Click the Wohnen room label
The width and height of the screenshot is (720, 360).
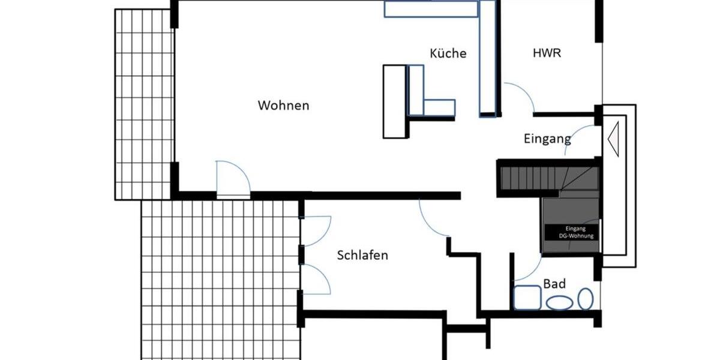(283, 106)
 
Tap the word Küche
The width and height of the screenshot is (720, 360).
(448, 53)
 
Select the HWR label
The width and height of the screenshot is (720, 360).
(547, 53)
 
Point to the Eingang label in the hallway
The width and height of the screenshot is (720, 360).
(547, 139)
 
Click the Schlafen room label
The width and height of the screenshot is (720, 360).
(362, 256)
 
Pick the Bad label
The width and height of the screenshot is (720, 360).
(554, 283)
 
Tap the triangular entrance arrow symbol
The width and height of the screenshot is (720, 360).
(614, 139)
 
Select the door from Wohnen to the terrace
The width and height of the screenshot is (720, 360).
(233, 179)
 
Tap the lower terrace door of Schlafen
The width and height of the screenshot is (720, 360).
(317, 280)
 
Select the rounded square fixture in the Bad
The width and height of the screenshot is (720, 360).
(527, 298)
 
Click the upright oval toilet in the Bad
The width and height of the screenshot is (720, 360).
(585, 299)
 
